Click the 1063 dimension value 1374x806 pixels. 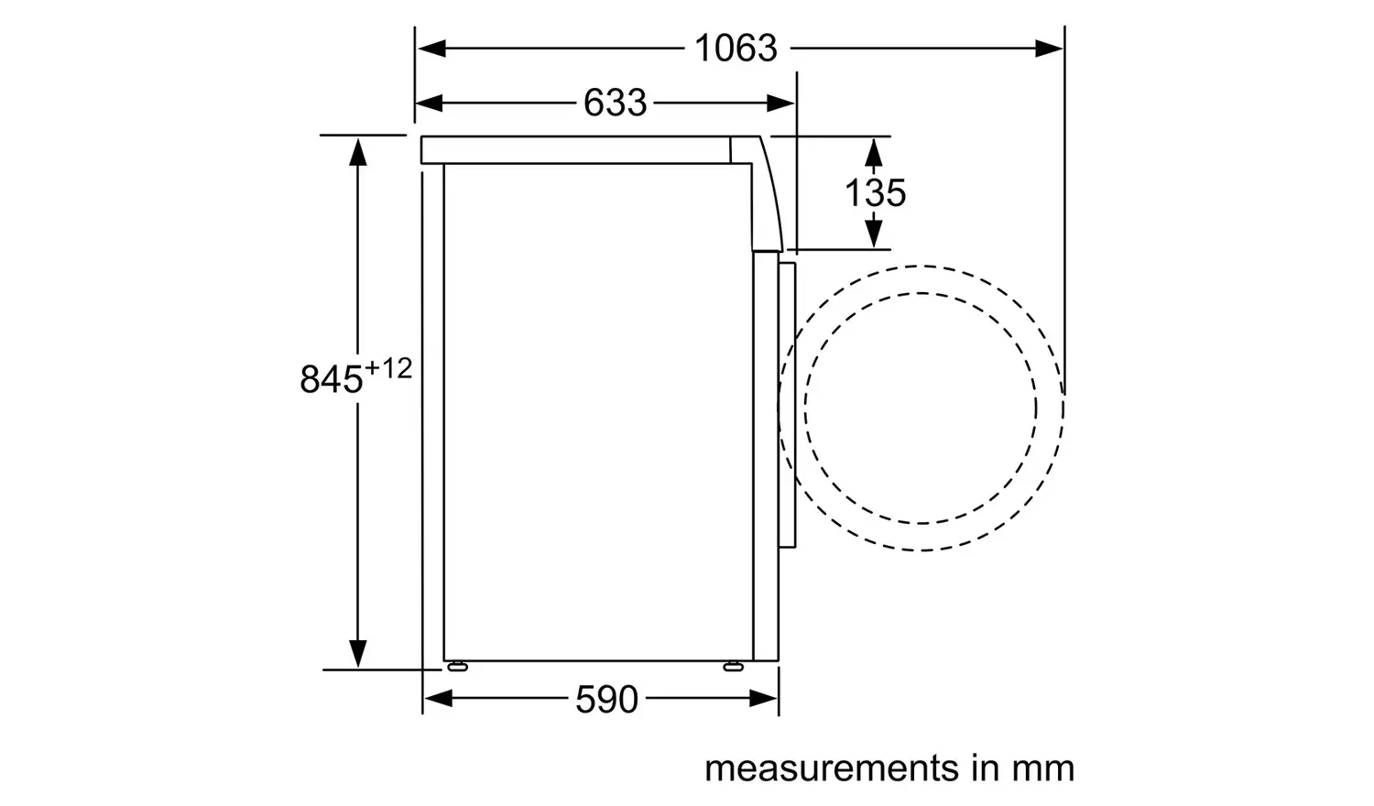(736, 48)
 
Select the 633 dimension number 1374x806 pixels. (615, 103)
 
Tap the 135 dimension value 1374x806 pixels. (875, 192)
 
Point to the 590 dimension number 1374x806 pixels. (606, 699)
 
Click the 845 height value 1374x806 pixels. (332, 379)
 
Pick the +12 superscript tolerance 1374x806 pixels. (387, 368)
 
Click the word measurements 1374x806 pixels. (831, 768)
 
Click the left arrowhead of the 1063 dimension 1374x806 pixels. (431, 48)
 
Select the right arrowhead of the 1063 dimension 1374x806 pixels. (1048, 48)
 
